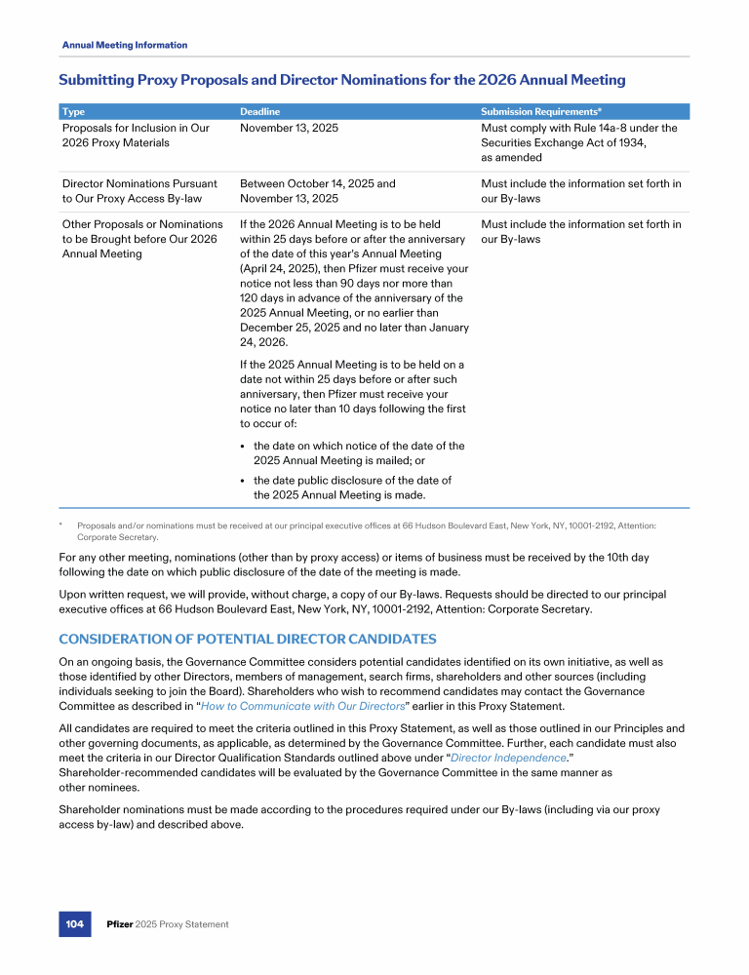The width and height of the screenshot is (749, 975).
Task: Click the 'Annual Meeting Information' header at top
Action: (x=125, y=45)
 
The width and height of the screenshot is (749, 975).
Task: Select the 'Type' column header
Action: (x=72, y=112)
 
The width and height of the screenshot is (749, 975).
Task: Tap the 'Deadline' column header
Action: (x=260, y=112)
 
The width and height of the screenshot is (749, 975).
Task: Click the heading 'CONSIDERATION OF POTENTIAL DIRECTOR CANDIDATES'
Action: (x=248, y=639)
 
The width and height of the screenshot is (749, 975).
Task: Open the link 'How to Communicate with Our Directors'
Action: (x=302, y=707)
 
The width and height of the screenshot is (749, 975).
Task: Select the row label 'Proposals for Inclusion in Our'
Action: (x=136, y=128)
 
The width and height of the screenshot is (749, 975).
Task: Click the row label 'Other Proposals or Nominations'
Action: (x=142, y=224)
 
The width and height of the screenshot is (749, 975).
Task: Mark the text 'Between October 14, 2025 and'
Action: (x=318, y=183)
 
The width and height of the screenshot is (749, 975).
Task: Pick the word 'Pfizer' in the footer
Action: (x=120, y=924)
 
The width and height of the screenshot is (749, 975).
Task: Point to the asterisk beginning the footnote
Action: (x=61, y=525)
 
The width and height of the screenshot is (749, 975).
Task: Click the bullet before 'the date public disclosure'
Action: (x=243, y=481)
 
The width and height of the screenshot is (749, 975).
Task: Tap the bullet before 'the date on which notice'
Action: (x=243, y=446)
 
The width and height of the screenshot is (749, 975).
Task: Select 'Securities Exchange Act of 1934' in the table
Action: (x=564, y=142)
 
